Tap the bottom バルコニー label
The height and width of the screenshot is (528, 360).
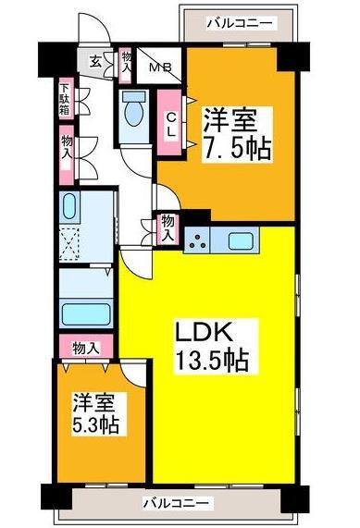(177, 504)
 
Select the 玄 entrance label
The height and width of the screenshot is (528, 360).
(96, 63)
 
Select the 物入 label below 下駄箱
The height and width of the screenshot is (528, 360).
(68, 147)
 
